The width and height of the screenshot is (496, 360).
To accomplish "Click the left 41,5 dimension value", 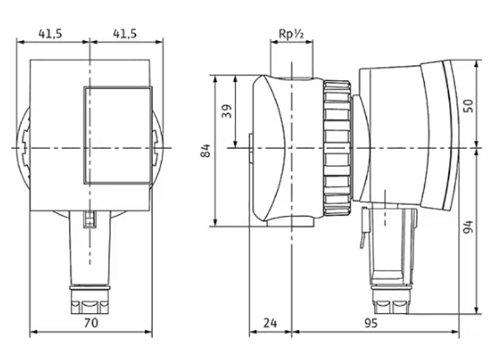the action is tap(50, 33).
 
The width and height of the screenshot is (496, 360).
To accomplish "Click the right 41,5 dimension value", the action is tap(125, 33).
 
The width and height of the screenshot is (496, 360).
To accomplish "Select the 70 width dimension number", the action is tap(91, 322).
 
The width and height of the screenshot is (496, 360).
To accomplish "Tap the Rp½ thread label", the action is tap(291, 33).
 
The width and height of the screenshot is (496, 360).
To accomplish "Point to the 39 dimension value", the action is tap(227, 111).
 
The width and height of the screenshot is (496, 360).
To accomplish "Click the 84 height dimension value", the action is tap(205, 150).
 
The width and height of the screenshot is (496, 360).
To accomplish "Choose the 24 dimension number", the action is tap(270, 323).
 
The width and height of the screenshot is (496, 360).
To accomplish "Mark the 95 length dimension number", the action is tap(371, 323).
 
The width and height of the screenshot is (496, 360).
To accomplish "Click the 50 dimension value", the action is tap(468, 106).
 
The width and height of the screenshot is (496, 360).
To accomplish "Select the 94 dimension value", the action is tap(468, 227).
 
